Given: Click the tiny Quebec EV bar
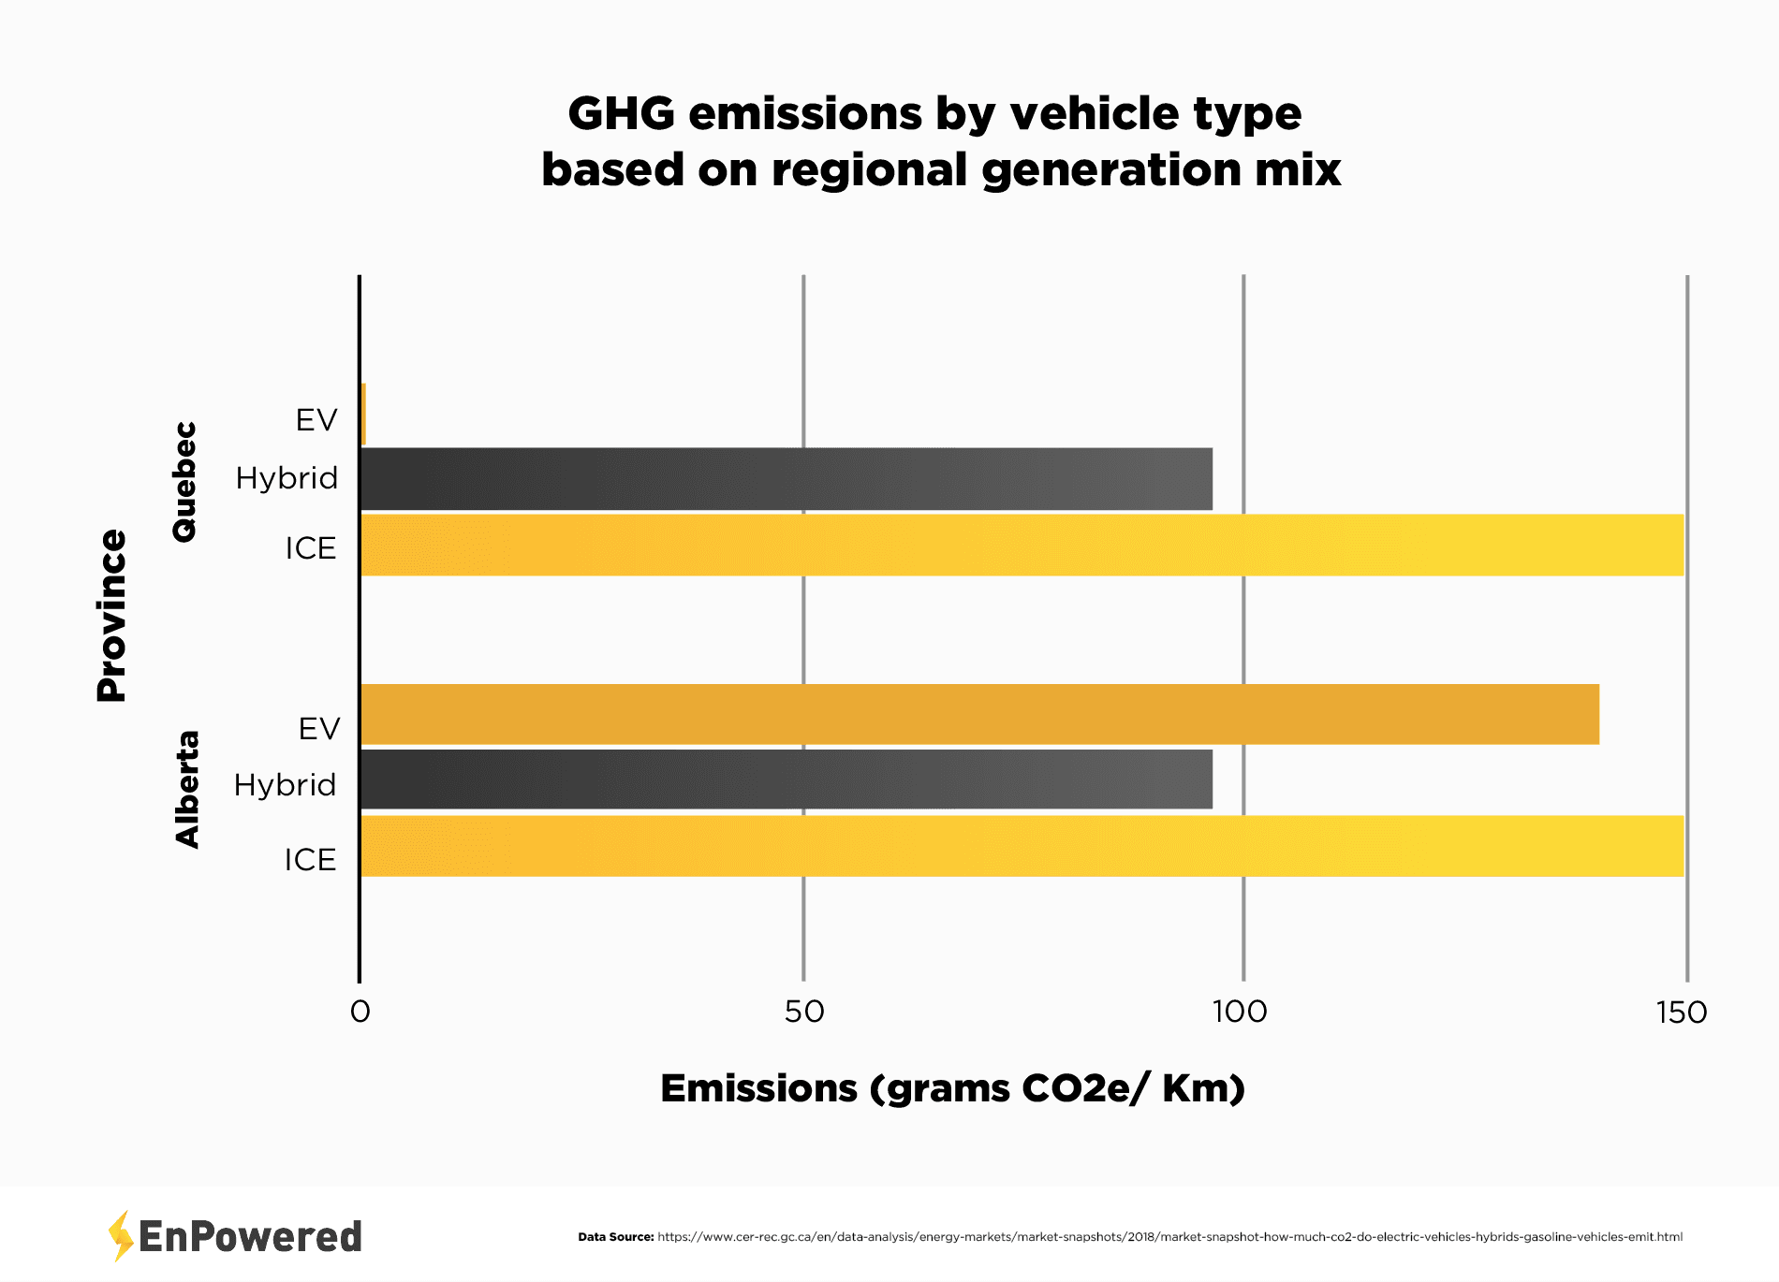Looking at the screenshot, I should pos(363,415).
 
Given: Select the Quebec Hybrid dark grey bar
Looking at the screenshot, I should pos(787,479).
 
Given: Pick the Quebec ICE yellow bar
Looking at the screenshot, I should pos(1021,545).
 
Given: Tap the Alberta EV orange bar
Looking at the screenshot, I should pos(978,715).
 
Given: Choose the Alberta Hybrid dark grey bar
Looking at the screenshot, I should pos(787,779).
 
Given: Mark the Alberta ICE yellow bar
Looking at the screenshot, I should pos(1021,846).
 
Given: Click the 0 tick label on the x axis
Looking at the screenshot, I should pos(360,1012).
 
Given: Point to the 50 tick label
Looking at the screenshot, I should pos(804,1012).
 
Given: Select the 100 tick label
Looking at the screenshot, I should pos(1240,1012).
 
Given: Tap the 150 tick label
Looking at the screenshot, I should pos(1682,1012).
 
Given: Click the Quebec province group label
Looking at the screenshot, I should pos(184,481).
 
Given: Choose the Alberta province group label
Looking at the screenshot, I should pos(187,789).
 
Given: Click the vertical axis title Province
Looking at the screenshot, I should pos(111,615).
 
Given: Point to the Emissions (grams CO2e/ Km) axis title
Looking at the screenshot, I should pos(952,1088).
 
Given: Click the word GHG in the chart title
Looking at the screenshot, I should pos(621,114).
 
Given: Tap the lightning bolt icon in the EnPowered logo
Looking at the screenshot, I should pos(120,1235).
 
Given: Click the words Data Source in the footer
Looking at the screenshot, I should pos(615,1237).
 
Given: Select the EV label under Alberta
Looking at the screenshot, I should pos(319,728).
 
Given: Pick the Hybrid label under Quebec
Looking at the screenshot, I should pos(287,478).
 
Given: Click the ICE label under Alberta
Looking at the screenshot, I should pos(310,859).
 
